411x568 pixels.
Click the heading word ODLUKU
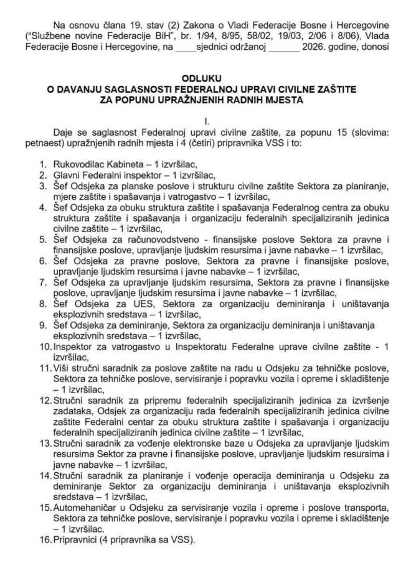tap(205, 79)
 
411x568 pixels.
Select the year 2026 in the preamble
tap(318, 45)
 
